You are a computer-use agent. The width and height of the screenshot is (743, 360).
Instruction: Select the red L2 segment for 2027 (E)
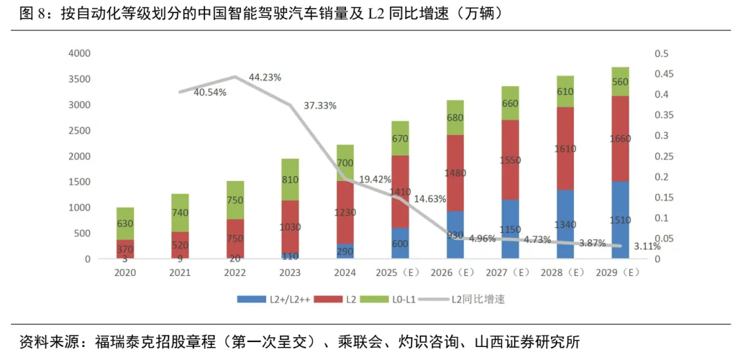[510, 160]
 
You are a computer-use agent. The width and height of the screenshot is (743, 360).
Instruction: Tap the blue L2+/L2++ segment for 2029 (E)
[621, 220]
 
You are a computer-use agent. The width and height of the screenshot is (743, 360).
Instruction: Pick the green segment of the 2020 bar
[125, 224]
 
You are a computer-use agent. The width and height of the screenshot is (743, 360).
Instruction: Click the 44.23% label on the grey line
[265, 77]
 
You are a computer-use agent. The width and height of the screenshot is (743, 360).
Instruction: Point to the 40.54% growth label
[210, 92]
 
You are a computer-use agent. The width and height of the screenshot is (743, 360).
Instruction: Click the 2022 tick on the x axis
[235, 273]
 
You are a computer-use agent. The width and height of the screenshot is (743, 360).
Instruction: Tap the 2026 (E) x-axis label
[455, 273]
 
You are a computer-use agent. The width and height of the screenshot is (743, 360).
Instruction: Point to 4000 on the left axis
[80, 54]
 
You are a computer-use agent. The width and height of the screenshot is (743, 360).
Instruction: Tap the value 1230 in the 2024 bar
[345, 213]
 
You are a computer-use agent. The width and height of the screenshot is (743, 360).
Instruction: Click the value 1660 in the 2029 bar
[621, 138]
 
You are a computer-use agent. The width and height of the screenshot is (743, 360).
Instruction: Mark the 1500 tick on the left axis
[80, 182]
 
